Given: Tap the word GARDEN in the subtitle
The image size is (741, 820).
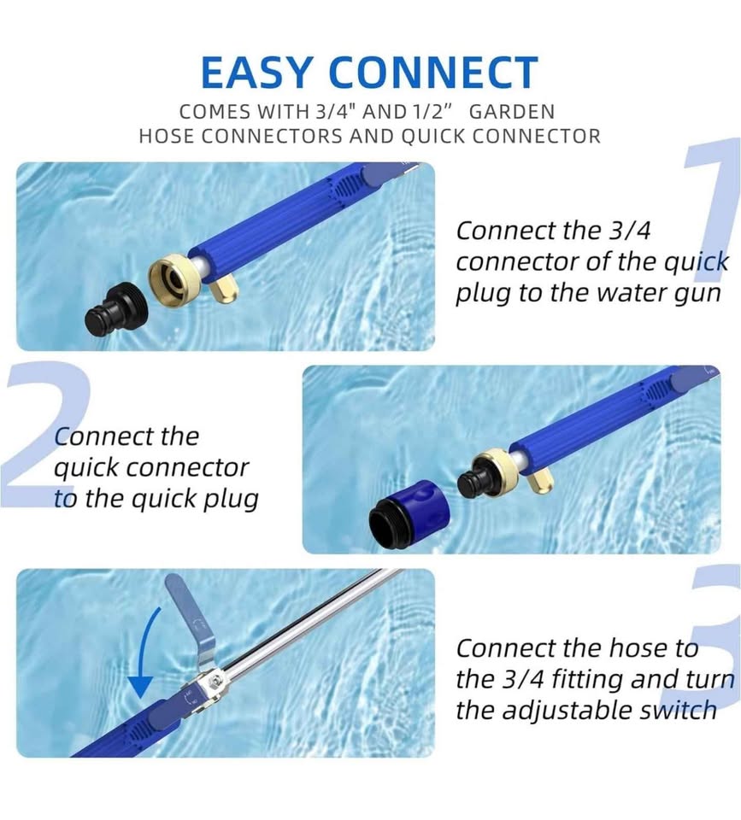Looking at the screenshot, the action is point(512,112).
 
